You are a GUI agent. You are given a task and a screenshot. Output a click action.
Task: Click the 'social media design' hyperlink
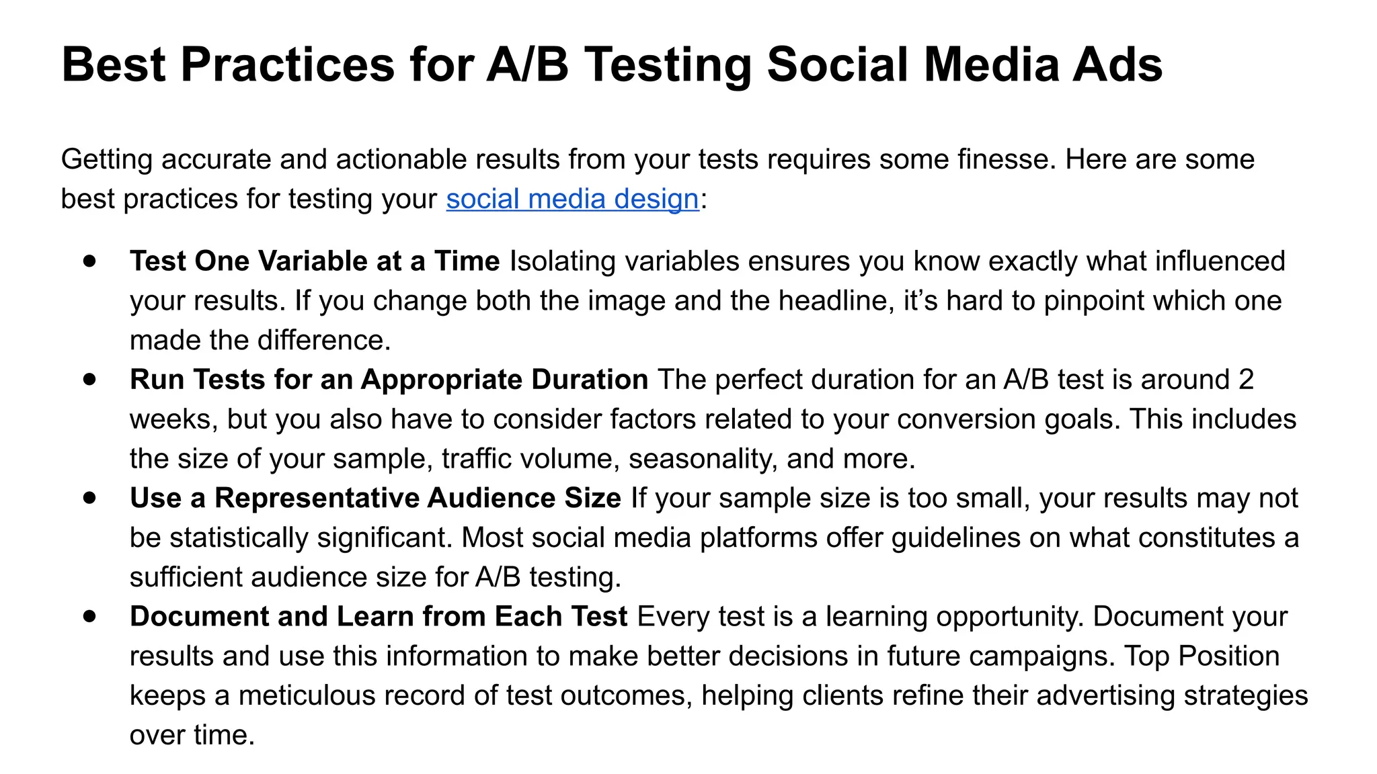572,200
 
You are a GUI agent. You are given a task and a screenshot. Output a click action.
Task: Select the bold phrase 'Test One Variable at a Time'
315,261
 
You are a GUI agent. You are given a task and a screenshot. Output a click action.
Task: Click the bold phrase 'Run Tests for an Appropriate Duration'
389,380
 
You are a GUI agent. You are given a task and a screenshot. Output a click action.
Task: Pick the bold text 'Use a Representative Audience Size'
375,499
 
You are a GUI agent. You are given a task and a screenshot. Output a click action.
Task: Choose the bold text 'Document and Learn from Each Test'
379,617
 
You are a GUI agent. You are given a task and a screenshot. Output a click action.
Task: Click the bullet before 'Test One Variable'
90,261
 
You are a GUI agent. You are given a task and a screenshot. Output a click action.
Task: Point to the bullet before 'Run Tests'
90,379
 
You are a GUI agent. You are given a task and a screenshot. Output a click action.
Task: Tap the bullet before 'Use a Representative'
90,498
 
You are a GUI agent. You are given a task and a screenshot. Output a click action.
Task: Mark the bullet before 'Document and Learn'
90,616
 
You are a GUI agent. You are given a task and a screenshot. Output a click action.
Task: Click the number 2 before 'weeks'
1245,380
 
